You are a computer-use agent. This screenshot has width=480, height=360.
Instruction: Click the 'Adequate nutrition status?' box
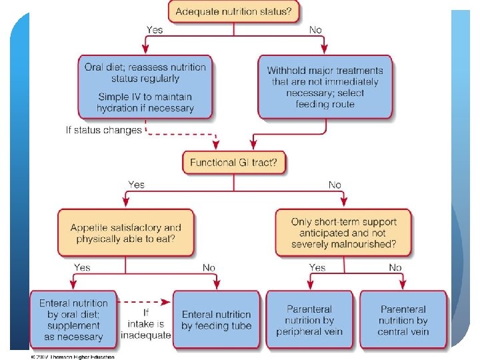coord(233,12)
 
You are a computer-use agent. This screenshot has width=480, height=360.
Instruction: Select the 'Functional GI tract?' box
coord(234,162)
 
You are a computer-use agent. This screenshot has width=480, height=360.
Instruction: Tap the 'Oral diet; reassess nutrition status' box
coord(145,87)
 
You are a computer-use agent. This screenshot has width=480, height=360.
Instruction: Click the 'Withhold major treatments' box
coord(325,87)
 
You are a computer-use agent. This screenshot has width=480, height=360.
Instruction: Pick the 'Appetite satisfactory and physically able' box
coord(125,233)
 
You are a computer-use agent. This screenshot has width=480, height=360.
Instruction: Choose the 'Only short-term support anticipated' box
coord(343,233)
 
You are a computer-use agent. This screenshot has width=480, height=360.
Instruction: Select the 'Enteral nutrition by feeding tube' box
coord(216,319)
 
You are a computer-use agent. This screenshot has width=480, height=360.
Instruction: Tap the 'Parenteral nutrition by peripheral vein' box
coord(309,319)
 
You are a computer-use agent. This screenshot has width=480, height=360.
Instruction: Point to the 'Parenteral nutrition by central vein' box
coord(403,319)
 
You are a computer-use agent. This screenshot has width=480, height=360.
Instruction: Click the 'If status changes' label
coord(103,130)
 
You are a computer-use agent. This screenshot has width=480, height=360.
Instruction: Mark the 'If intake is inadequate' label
coord(146,323)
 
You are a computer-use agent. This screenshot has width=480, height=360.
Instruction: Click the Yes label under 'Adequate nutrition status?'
coord(155,29)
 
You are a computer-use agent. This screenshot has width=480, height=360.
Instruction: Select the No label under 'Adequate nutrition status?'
coord(315,29)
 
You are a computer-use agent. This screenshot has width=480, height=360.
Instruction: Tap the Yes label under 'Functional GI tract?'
coord(136,185)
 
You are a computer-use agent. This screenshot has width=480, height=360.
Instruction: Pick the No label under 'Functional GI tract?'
coord(335,185)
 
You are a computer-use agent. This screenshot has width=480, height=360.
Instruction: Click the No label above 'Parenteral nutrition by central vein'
coord(395,267)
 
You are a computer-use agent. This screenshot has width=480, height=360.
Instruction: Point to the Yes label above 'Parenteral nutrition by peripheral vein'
coord(317,267)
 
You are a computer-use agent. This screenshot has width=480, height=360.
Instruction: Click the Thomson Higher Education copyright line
coord(72,357)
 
